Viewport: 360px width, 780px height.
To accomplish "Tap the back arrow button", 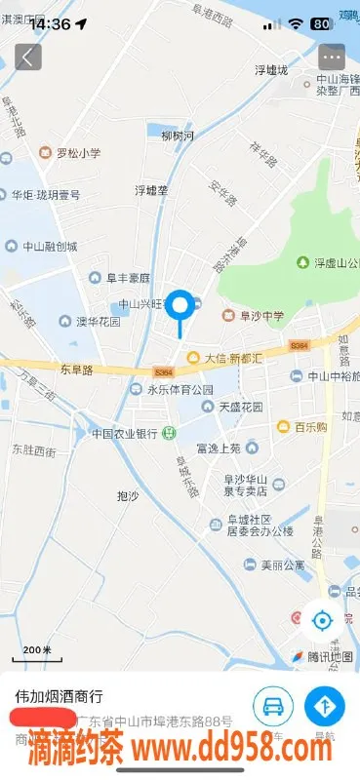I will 27,57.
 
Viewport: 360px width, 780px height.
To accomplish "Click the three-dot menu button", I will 332,57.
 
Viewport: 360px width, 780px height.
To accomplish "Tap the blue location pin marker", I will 180,307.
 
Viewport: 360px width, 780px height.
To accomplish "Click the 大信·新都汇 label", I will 232,358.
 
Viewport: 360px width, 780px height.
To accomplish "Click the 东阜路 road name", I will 74,370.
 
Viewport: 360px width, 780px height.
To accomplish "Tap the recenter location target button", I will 321,619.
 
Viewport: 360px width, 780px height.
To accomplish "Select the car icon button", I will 273,706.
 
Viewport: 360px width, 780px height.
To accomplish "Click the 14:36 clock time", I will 49,23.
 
